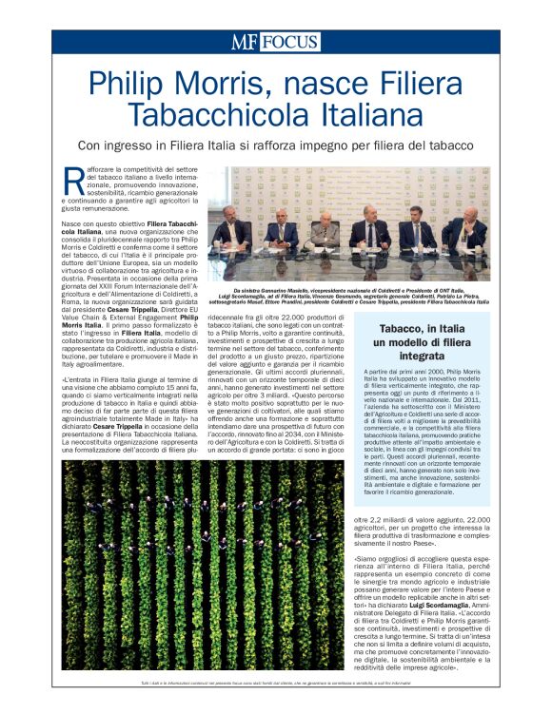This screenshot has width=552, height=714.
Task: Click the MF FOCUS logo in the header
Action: (x=274, y=42)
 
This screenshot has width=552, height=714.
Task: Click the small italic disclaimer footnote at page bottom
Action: (x=276, y=685)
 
